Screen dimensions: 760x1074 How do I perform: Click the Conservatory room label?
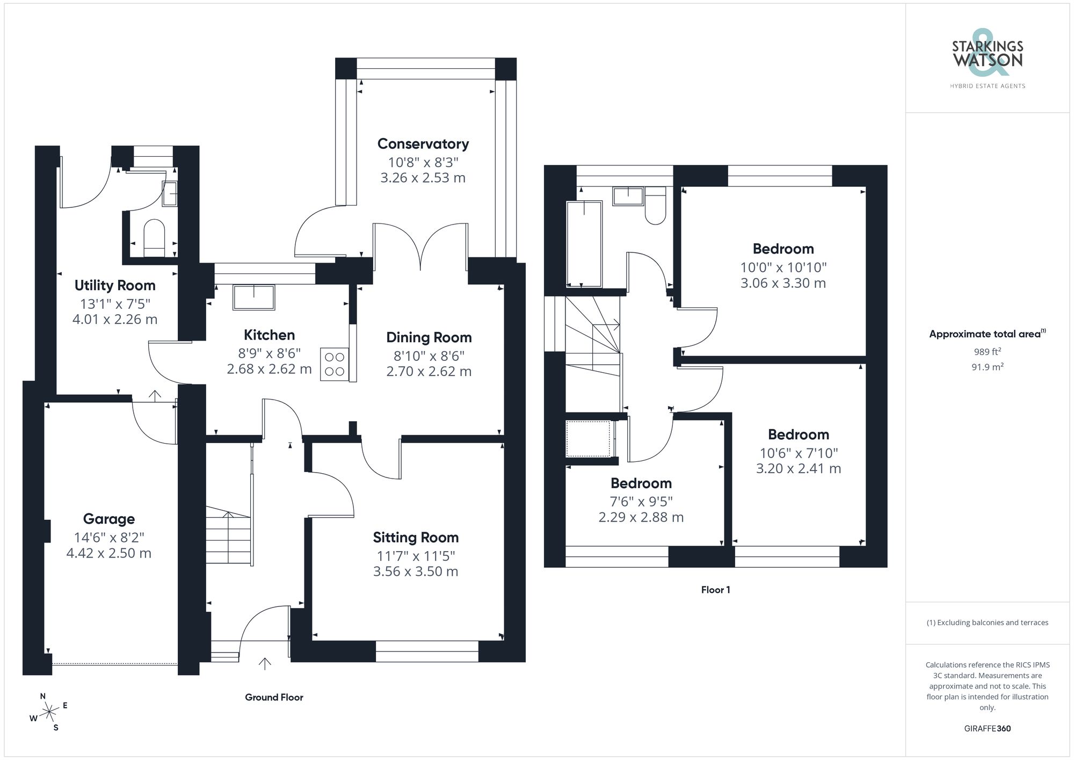tap(423, 144)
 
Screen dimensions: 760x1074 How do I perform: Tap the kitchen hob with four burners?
tap(334, 364)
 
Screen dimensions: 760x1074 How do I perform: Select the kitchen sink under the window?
tap(253, 297)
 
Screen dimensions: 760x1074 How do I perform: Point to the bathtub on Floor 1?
tap(584, 244)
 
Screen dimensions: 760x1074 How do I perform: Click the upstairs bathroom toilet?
tap(655, 206)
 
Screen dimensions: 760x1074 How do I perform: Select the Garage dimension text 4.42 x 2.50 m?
tap(109, 553)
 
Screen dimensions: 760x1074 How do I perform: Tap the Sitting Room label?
tap(416, 538)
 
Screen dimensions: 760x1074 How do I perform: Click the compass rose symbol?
tap(49, 712)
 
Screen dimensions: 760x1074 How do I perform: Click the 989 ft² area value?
tap(987, 352)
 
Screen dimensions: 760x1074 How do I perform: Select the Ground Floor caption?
tap(274, 697)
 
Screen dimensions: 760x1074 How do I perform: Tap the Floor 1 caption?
tap(715, 590)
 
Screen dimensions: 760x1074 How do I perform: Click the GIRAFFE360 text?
tap(987, 728)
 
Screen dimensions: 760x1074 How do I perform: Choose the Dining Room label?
tap(429, 338)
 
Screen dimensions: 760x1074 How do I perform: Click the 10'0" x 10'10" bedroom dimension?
tap(783, 267)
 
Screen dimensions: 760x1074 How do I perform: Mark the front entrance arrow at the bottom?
tap(264, 664)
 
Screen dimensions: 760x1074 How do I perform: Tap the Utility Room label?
tap(115, 285)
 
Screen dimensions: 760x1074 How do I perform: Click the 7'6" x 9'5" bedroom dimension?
tap(641, 501)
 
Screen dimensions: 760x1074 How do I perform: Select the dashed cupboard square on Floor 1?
tap(588, 439)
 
